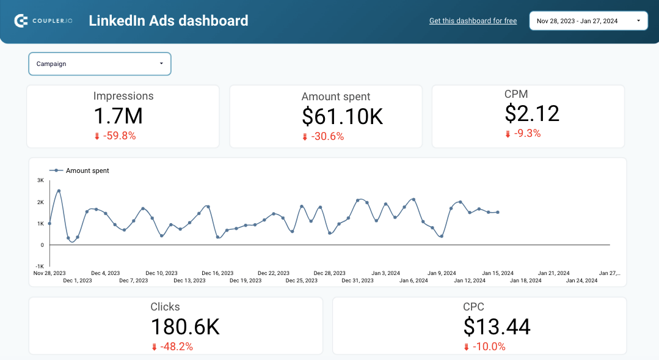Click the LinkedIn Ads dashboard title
(x=168, y=21)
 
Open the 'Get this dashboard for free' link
(x=473, y=21)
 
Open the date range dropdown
(x=588, y=21)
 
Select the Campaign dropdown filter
(x=100, y=64)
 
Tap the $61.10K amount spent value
(x=342, y=116)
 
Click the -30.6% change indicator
(x=327, y=136)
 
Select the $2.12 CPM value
(x=532, y=113)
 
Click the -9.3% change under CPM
(x=527, y=133)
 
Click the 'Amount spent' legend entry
(x=87, y=171)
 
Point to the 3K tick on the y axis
(x=40, y=180)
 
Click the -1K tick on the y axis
(x=40, y=266)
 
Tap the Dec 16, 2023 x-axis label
(x=217, y=273)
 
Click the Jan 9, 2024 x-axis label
(x=442, y=273)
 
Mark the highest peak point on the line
(x=59, y=191)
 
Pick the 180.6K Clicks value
(x=185, y=327)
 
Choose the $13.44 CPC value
(x=497, y=327)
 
